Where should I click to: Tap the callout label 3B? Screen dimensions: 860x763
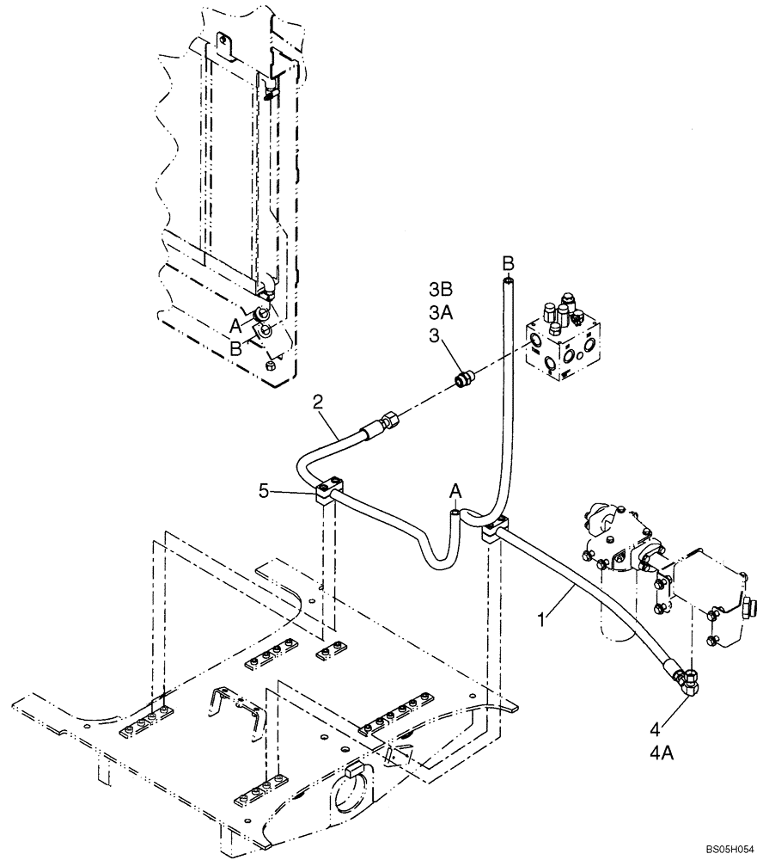click(x=442, y=288)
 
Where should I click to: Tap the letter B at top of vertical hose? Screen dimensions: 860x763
click(x=508, y=261)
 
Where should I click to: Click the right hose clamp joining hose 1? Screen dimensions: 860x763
click(x=497, y=527)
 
